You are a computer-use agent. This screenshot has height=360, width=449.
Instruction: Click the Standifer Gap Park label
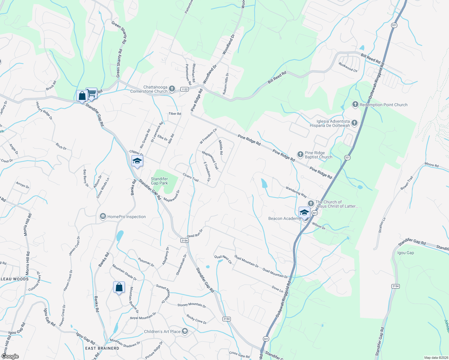coord(159,181)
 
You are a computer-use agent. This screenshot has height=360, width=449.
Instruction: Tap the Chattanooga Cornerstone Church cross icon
coord(172,88)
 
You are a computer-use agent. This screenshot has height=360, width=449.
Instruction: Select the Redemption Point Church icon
coord(355,104)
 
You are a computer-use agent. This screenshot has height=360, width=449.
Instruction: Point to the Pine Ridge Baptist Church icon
coord(300,154)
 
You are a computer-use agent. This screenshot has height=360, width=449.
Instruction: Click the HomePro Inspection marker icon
coord(103,217)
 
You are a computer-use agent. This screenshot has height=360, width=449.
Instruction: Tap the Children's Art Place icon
coord(185,331)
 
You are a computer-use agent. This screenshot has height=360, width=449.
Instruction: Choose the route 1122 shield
coord(184,89)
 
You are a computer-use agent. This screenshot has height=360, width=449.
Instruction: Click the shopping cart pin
coord(92,93)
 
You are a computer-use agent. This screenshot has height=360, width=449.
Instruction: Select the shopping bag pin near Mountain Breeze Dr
coord(119,287)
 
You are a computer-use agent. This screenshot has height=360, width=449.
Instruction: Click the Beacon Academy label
coord(284,218)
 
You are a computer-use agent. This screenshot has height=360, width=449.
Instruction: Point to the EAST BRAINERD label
coord(102,348)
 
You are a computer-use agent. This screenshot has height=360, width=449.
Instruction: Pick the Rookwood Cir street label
coord(348,67)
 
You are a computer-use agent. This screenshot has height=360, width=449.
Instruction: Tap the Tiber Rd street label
coord(175,114)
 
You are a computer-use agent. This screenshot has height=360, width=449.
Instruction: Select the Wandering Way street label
coord(296,192)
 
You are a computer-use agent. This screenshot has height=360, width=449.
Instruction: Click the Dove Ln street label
coord(277,289)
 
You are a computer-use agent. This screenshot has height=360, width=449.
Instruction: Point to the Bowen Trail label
coord(407,183)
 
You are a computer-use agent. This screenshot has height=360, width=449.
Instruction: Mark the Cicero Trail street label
coord(191,177)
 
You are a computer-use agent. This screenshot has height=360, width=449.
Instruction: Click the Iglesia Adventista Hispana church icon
coord(354,123)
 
